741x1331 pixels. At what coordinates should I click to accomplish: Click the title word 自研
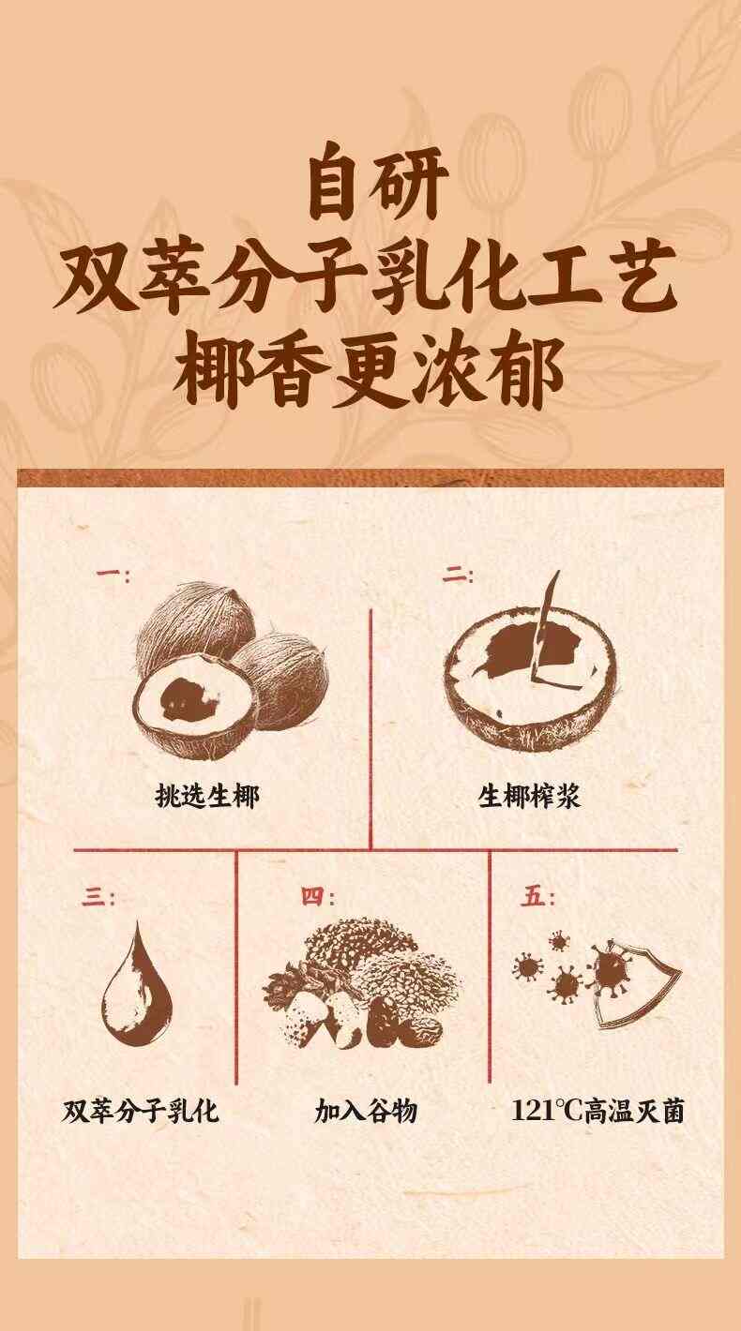377,185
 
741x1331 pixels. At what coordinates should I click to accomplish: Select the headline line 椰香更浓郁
368,368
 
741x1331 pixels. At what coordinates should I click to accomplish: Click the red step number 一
113,575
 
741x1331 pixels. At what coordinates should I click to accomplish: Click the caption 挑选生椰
207,796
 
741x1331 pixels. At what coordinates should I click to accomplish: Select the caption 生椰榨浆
529,796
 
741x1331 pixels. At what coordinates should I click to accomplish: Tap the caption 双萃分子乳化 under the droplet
141,1111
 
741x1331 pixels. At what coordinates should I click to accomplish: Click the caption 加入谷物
366,1111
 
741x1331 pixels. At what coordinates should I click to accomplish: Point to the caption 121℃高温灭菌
597,1111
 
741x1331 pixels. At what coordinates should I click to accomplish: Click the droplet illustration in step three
136,986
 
